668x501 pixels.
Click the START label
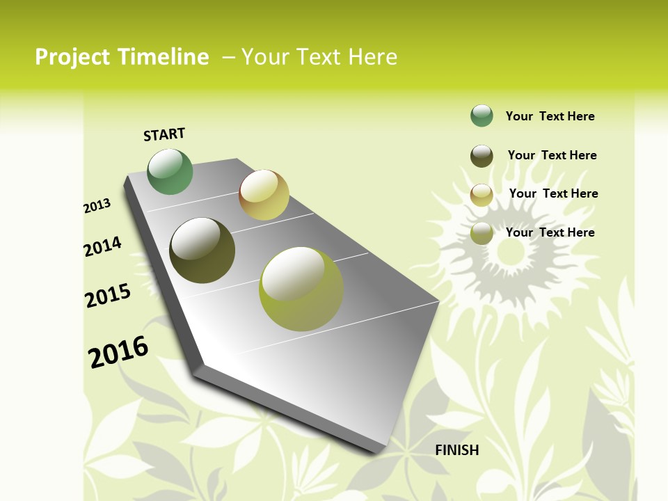coord(164,134)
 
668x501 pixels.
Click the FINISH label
coord(456,450)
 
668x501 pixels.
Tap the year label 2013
coord(97,206)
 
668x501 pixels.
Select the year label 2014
coord(102,247)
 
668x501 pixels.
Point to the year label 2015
coord(108,296)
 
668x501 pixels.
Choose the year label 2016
coord(118,352)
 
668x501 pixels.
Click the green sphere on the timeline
coord(170,172)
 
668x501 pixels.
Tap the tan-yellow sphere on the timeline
coord(264,195)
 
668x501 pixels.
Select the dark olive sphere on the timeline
coord(202,250)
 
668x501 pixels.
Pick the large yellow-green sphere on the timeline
coord(301,289)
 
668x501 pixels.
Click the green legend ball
coord(482,116)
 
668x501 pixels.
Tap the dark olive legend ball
coord(482,156)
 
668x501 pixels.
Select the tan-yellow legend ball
coord(482,195)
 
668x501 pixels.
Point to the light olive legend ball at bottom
coord(482,233)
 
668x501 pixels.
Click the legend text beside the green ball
coord(550,116)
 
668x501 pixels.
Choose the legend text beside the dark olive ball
coord(552,155)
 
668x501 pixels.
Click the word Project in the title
coord(73,57)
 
